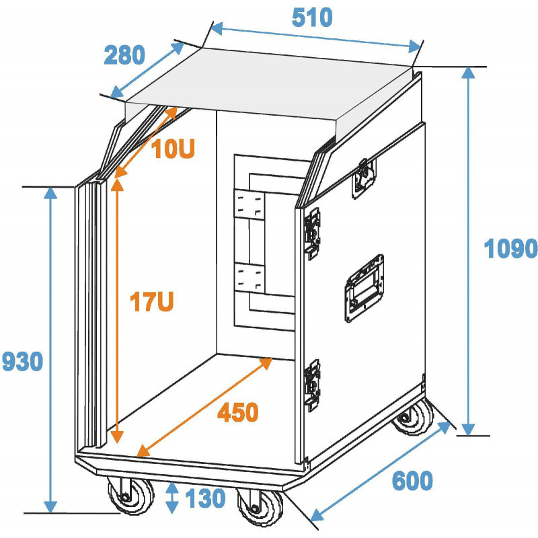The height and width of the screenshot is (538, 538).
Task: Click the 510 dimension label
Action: [312, 17]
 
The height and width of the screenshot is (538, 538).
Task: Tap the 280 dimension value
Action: [124, 55]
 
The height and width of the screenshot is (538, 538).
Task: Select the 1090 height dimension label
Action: [510, 249]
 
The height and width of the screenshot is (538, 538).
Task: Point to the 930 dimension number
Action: [23, 361]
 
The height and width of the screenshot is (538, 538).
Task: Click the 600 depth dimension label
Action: [412, 481]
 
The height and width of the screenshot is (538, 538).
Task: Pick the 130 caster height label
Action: [205, 498]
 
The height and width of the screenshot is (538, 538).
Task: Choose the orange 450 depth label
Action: [238, 412]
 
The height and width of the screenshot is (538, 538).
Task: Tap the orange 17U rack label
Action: [152, 301]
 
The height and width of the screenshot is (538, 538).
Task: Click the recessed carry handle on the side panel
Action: [364, 289]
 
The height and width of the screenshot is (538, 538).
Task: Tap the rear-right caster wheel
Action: [413, 417]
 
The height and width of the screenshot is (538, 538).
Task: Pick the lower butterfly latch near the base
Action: [312, 385]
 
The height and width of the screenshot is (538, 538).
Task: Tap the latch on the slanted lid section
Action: [364, 178]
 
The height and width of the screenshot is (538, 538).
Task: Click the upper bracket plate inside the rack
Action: [249, 204]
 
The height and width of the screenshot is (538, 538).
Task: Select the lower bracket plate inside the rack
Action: [249, 278]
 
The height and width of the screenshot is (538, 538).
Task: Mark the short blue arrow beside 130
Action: [172, 498]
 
